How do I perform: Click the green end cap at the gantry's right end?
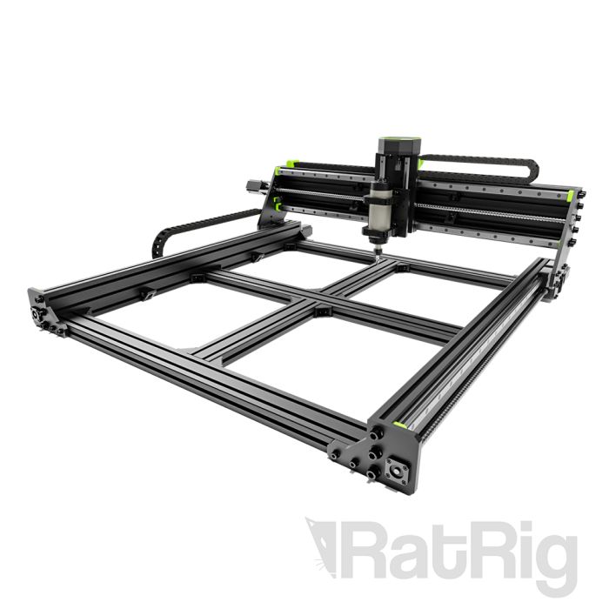pyautogui.click(x=570, y=193)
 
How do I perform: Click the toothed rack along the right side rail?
pyautogui.click(x=474, y=365)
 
